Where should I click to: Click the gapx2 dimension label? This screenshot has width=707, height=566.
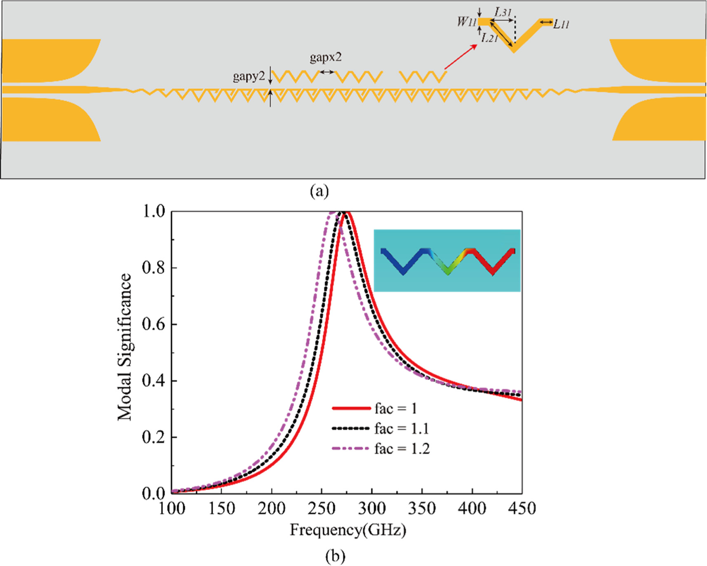coord(326,57)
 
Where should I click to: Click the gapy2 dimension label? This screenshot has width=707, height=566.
coord(249,76)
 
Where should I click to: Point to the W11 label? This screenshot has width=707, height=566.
coord(466,22)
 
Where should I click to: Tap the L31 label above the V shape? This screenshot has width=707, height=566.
coord(503,12)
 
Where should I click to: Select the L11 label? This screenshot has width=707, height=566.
coord(561,24)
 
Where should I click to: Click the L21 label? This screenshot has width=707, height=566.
coord(489,38)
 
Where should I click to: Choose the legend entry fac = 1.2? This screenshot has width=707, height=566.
coord(402,449)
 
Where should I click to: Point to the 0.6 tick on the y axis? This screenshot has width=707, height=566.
coord(153,324)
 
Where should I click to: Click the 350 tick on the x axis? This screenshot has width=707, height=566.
coord(422,508)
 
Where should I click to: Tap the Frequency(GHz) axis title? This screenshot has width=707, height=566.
coord(348,530)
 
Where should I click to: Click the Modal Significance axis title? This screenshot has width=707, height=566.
coord(124,347)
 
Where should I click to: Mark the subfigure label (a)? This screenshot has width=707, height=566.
coord(319,191)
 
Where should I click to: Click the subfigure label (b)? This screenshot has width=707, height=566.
coord(335,556)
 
